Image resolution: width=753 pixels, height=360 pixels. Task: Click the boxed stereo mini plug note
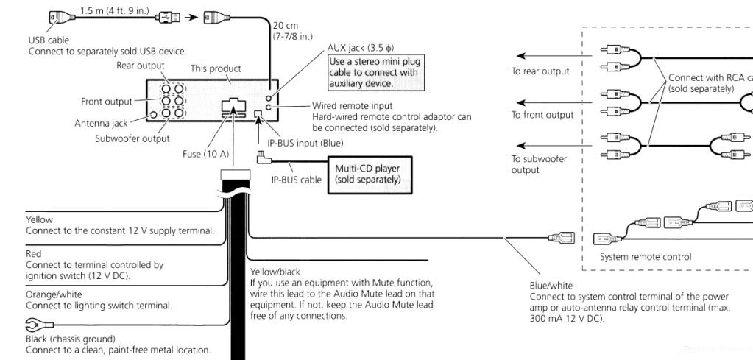[x=372, y=72]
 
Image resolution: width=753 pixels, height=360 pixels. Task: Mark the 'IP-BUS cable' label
[x=295, y=179]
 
